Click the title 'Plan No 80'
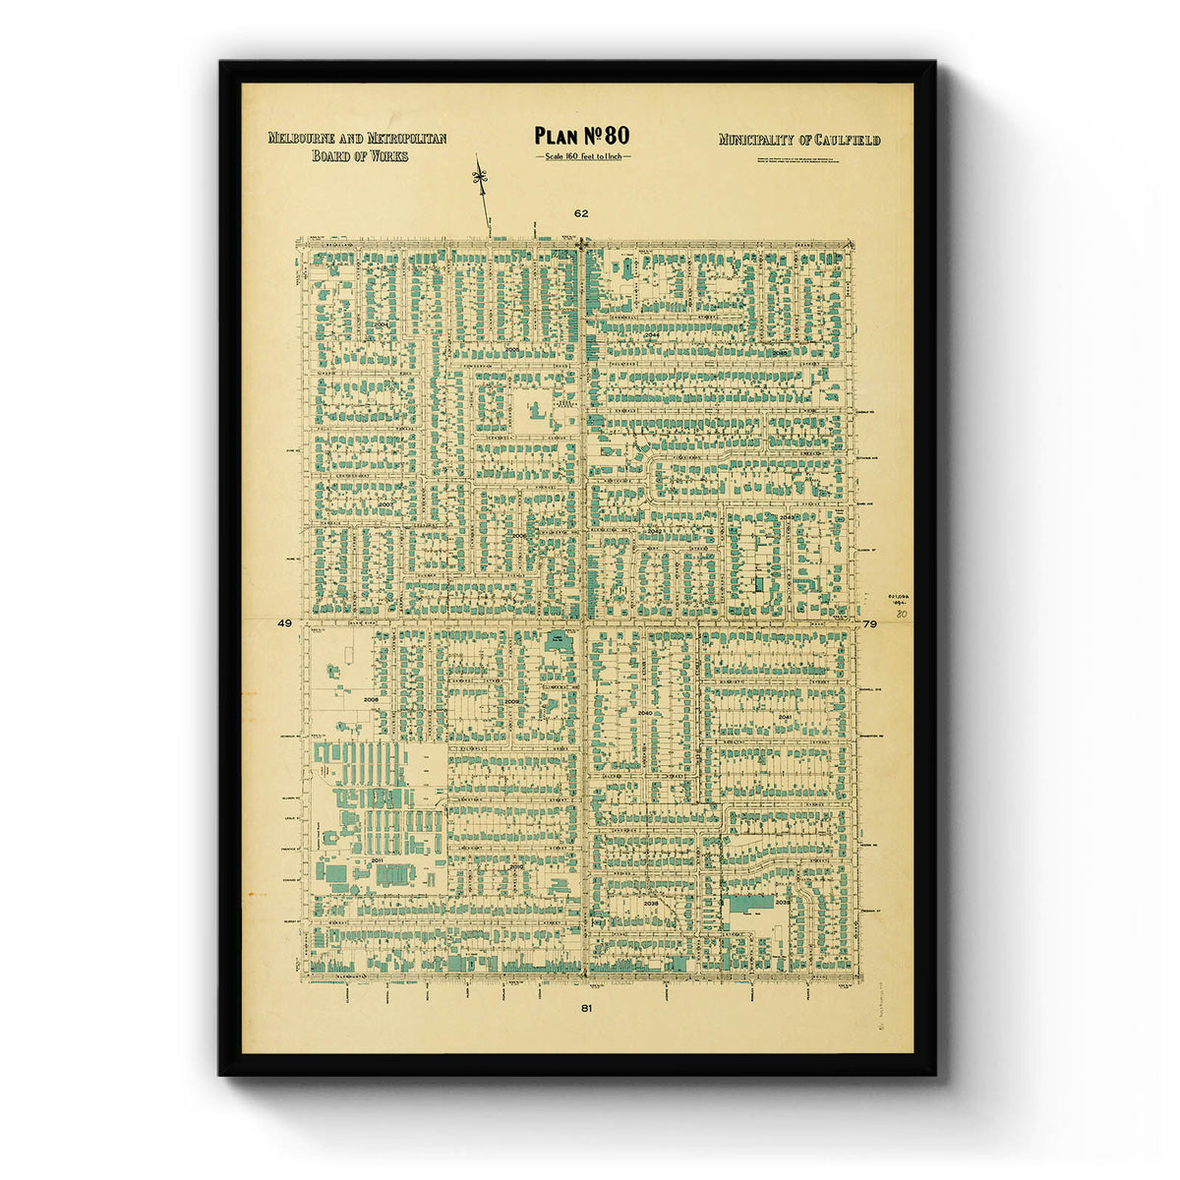coord(581,136)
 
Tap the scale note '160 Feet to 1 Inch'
coord(582,156)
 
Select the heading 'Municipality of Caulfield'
coord(798,140)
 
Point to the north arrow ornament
coord(480,177)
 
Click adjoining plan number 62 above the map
coord(581,212)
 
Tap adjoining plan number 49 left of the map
coord(285,623)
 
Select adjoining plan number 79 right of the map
coord(869,623)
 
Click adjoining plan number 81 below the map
coord(586,1008)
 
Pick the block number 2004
coord(382,324)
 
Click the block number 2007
coord(384,504)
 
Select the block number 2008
coord(371,699)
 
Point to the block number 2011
coord(377,859)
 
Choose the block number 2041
coord(785,718)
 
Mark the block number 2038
coord(650,902)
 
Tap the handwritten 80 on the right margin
coord(900,613)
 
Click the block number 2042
coord(655,530)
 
